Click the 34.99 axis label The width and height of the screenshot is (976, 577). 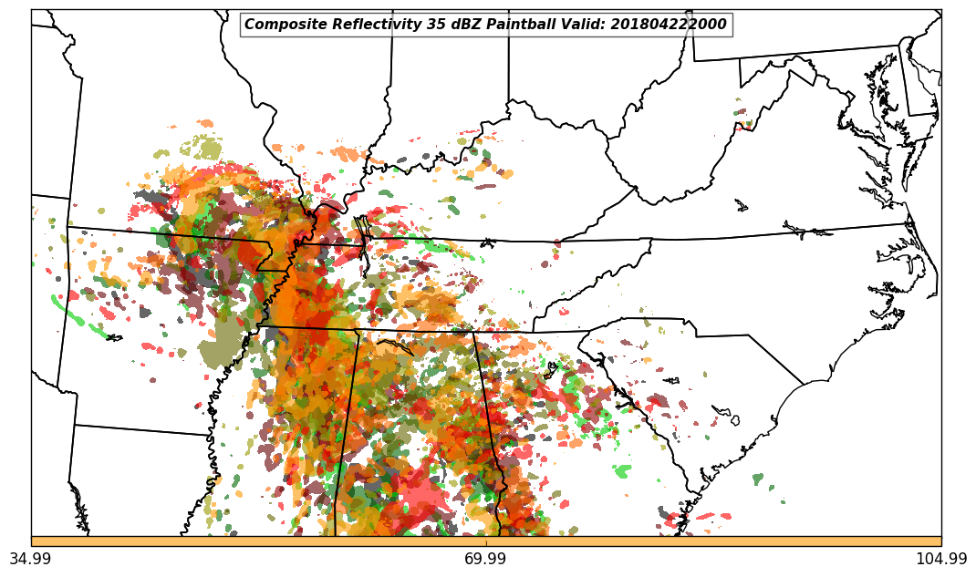31,559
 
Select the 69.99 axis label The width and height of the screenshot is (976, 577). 486,559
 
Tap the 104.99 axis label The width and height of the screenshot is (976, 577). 940,559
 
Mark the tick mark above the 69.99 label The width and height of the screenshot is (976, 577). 486,548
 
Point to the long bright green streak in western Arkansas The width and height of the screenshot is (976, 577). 68,311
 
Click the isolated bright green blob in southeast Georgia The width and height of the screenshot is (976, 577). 622,471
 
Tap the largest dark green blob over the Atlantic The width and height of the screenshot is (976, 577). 757,479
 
